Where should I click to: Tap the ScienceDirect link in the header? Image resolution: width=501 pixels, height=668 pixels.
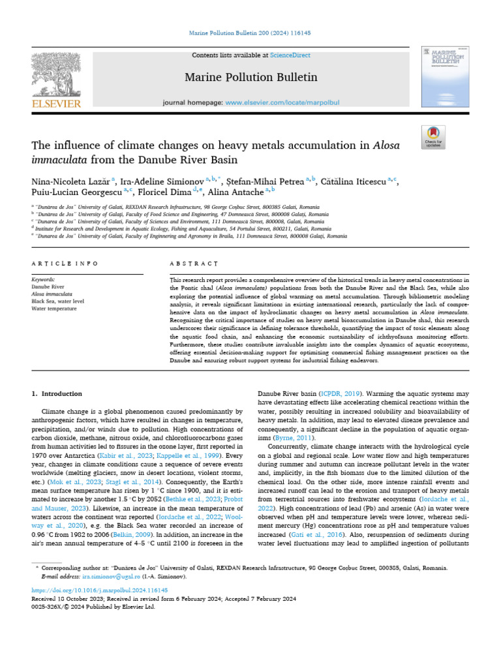[273, 56]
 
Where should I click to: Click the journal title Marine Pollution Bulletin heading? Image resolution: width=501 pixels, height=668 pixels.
[251, 78]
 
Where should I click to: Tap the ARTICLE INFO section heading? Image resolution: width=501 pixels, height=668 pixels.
[63, 264]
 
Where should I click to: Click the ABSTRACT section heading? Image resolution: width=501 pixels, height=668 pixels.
[194, 264]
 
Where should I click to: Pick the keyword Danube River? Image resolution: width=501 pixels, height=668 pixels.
[48, 286]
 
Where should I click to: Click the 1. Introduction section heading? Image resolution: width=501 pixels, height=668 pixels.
[57, 394]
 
